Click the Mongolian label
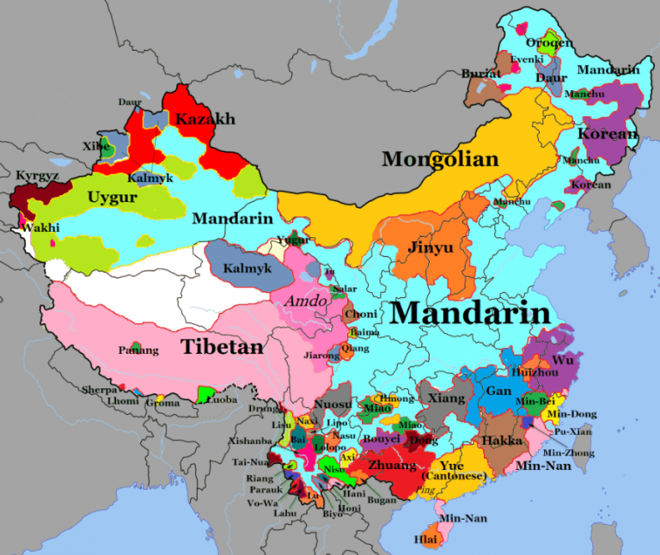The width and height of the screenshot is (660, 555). [440, 159]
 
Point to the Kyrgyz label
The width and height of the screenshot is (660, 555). [37, 175]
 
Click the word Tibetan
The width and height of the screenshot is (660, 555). [222, 347]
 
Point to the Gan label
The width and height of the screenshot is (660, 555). [498, 391]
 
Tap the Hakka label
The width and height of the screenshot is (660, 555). [502, 441]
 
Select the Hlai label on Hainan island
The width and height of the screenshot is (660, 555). [425, 540]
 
